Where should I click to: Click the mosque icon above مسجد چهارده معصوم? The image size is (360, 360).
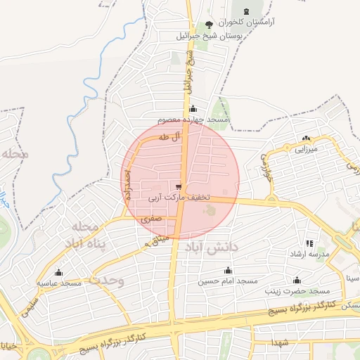coord(193,109)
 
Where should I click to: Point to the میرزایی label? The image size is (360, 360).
coord(306,149)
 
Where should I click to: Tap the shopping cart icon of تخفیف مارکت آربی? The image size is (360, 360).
coord(179,186)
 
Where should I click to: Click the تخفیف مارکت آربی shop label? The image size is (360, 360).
coord(179,198)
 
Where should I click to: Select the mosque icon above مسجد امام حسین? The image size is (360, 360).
coord(227,270)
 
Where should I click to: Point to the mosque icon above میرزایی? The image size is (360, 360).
coord(305,138)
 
